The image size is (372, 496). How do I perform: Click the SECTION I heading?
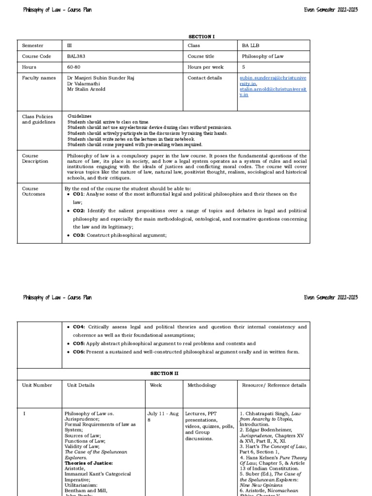point(200,36)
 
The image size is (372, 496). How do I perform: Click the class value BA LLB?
point(250,46)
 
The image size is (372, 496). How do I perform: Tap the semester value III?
point(69,46)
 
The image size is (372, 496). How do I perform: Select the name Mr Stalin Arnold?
point(86,89)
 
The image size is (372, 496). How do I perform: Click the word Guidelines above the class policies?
point(79,116)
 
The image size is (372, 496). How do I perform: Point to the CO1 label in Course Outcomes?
point(78,194)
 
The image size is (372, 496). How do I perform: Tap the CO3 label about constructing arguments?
point(79,235)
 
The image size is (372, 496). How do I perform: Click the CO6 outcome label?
point(79,352)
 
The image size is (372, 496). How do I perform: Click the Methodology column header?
point(202,385)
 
